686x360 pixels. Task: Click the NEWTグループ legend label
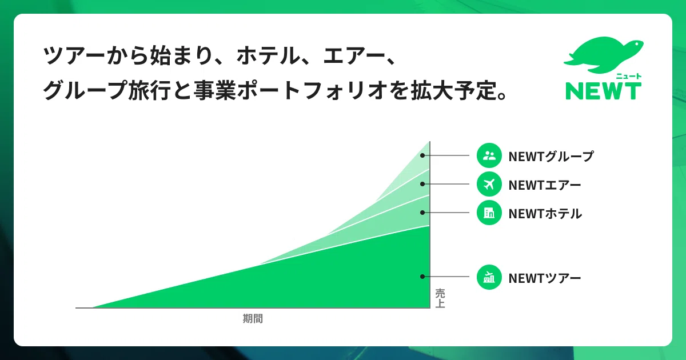551,157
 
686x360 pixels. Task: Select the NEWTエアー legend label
544,185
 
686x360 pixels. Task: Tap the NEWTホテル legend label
545,214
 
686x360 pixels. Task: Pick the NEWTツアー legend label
544,278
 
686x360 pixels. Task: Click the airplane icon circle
489,184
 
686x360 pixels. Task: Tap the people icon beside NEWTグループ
489,155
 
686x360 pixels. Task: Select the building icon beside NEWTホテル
489,213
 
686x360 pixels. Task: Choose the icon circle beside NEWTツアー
489,277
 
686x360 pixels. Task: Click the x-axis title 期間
253,319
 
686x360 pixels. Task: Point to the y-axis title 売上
440,298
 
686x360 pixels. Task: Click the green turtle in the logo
604,55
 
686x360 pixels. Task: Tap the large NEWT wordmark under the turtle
603,91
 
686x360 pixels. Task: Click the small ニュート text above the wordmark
629,76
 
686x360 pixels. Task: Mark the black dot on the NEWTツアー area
422,277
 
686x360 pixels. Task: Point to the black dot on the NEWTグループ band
422,155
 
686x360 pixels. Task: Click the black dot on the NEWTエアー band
422,184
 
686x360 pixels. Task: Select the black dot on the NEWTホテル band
422,213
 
